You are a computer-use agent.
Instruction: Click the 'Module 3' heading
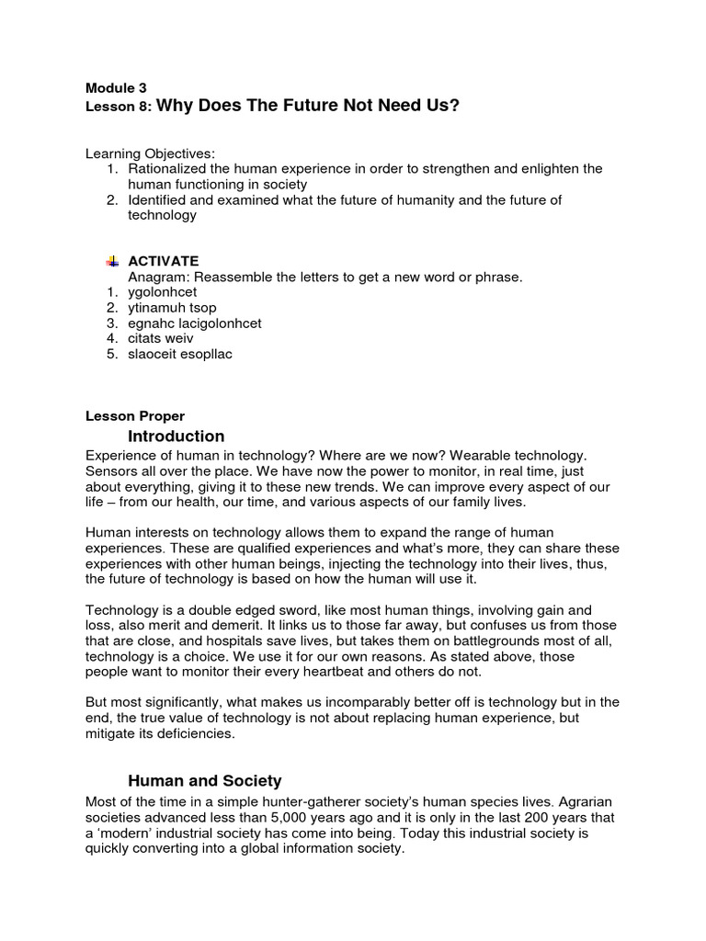point(116,89)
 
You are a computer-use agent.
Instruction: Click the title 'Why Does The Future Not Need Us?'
point(308,107)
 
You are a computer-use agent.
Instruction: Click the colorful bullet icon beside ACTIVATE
point(112,261)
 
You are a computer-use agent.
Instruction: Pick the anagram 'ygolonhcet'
point(161,292)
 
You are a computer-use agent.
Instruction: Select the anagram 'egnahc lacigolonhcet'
point(195,323)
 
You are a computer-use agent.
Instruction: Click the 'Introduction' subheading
point(176,436)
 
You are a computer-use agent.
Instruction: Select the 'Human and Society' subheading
point(204,781)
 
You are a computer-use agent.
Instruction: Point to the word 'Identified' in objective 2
point(159,199)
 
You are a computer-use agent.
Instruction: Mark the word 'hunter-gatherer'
point(286,801)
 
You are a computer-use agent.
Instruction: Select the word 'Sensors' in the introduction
point(110,470)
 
